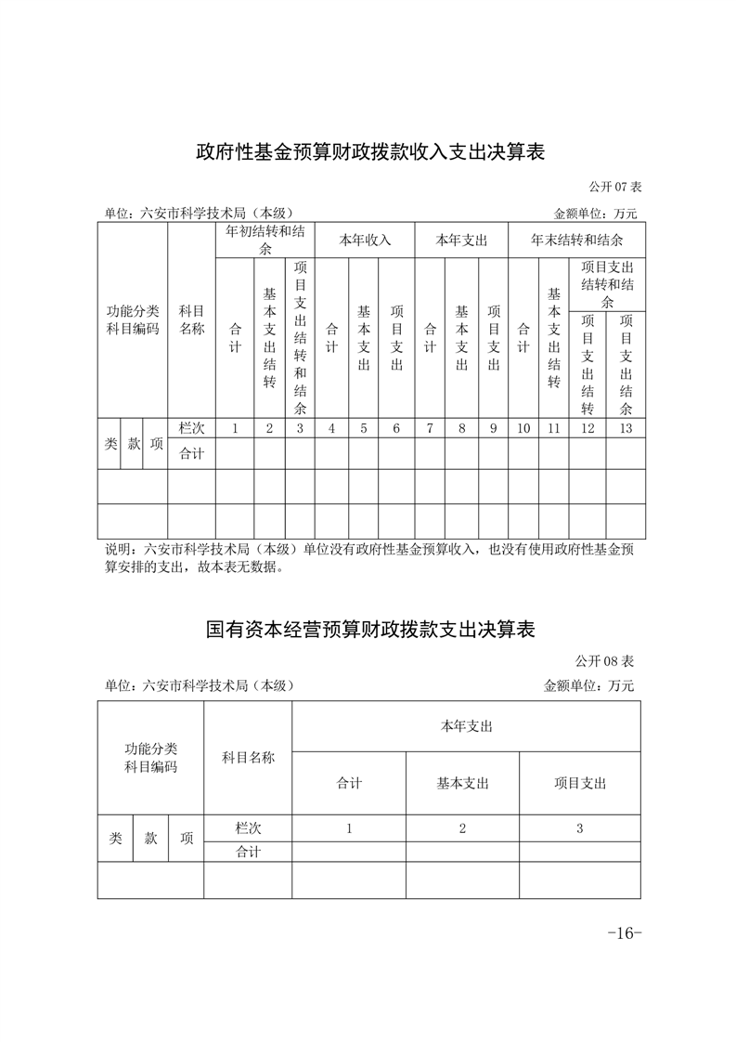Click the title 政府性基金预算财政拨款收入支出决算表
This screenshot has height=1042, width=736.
[368, 152]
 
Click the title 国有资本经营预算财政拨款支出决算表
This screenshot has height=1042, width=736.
[370, 630]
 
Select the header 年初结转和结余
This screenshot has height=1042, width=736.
[269, 240]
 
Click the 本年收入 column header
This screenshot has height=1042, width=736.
[365, 240]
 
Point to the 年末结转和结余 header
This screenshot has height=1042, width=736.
[576, 240]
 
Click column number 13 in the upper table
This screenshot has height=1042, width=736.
[626, 428]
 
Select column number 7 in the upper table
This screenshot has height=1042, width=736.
[430, 428]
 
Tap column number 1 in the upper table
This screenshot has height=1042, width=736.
[235, 428]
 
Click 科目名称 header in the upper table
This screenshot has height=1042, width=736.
[191, 319]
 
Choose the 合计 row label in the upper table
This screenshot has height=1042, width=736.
[191, 453]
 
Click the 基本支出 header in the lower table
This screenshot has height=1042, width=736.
[462, 783]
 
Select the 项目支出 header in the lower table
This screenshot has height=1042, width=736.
[579, 783]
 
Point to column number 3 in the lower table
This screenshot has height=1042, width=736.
[579, 828]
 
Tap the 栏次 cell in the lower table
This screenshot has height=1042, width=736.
[248, 827]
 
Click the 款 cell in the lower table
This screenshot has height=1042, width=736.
[151, 838]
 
